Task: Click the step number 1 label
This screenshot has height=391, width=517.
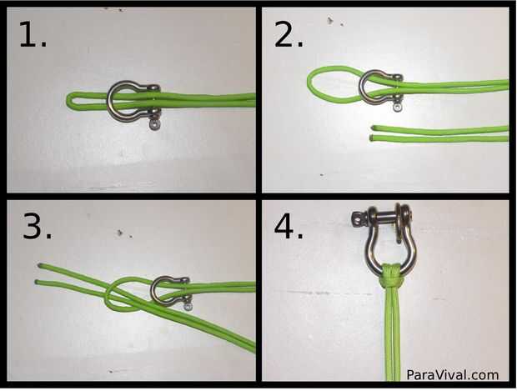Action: pos(33,34)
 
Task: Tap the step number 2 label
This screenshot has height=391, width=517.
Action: pos(289,34)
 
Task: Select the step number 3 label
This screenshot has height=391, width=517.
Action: pos(37,226)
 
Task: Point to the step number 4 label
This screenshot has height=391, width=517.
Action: pos(289,226)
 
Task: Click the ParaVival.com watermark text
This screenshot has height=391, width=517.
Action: pos(452,375)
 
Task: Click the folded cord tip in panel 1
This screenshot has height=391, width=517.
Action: pos(70,99)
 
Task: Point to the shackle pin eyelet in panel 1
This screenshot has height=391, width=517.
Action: pos(154,124)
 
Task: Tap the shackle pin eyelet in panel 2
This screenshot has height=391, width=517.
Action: pos(399,108)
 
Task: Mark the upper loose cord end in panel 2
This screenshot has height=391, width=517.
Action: pos(374,128)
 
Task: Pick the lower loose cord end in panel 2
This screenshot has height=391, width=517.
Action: pos(373,138)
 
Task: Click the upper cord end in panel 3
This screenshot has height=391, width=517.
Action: pos(40,265)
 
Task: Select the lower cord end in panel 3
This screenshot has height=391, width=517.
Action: pos(38,283)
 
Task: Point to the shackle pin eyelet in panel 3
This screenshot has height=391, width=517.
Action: pos(188,307)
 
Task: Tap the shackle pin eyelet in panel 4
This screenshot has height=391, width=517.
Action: pos(357,218)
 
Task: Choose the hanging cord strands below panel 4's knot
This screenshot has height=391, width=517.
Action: pos(393,333)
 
